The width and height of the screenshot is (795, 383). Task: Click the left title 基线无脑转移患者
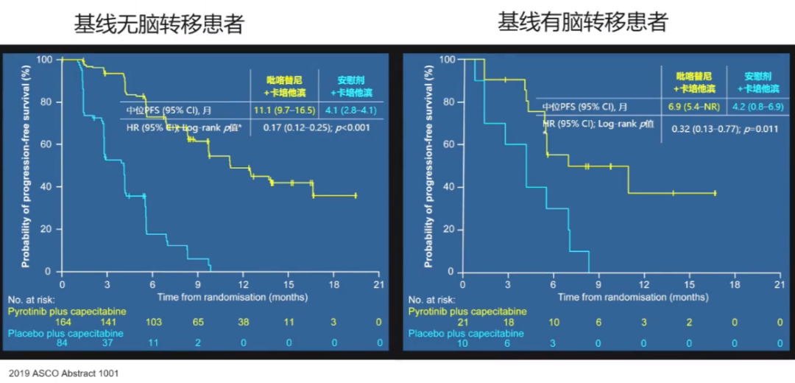[x=158, y=25]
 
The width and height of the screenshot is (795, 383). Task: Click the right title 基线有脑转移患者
[x=582, y=22]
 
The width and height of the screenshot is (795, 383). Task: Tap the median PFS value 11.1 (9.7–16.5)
[x=284, y=110]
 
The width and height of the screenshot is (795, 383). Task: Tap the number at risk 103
[x=153, y=322]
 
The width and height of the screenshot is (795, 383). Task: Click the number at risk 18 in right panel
[x=507, y=322]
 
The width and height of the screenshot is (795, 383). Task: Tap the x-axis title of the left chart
[x=220, y=297]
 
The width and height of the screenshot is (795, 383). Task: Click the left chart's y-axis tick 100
[x=46, y=59]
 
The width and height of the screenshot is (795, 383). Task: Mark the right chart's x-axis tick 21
[x=780, y=284]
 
